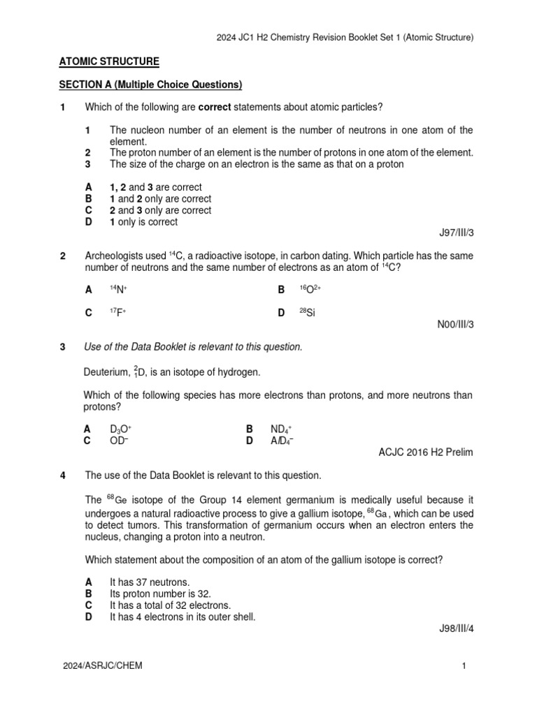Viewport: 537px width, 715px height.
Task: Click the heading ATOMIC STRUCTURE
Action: (x=109, y=62)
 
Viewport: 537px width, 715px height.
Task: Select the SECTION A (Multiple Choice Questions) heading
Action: (x=150, y=85)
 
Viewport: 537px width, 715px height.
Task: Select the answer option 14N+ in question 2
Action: (x=118, y=289)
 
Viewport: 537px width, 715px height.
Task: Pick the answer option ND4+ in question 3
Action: (x=281, y=429)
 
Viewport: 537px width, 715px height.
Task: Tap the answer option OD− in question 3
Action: (x=120, y=441)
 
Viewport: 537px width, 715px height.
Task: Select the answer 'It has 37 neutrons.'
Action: (x=150, y=582)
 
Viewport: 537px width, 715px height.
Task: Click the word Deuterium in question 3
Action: (x=107, y=372)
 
